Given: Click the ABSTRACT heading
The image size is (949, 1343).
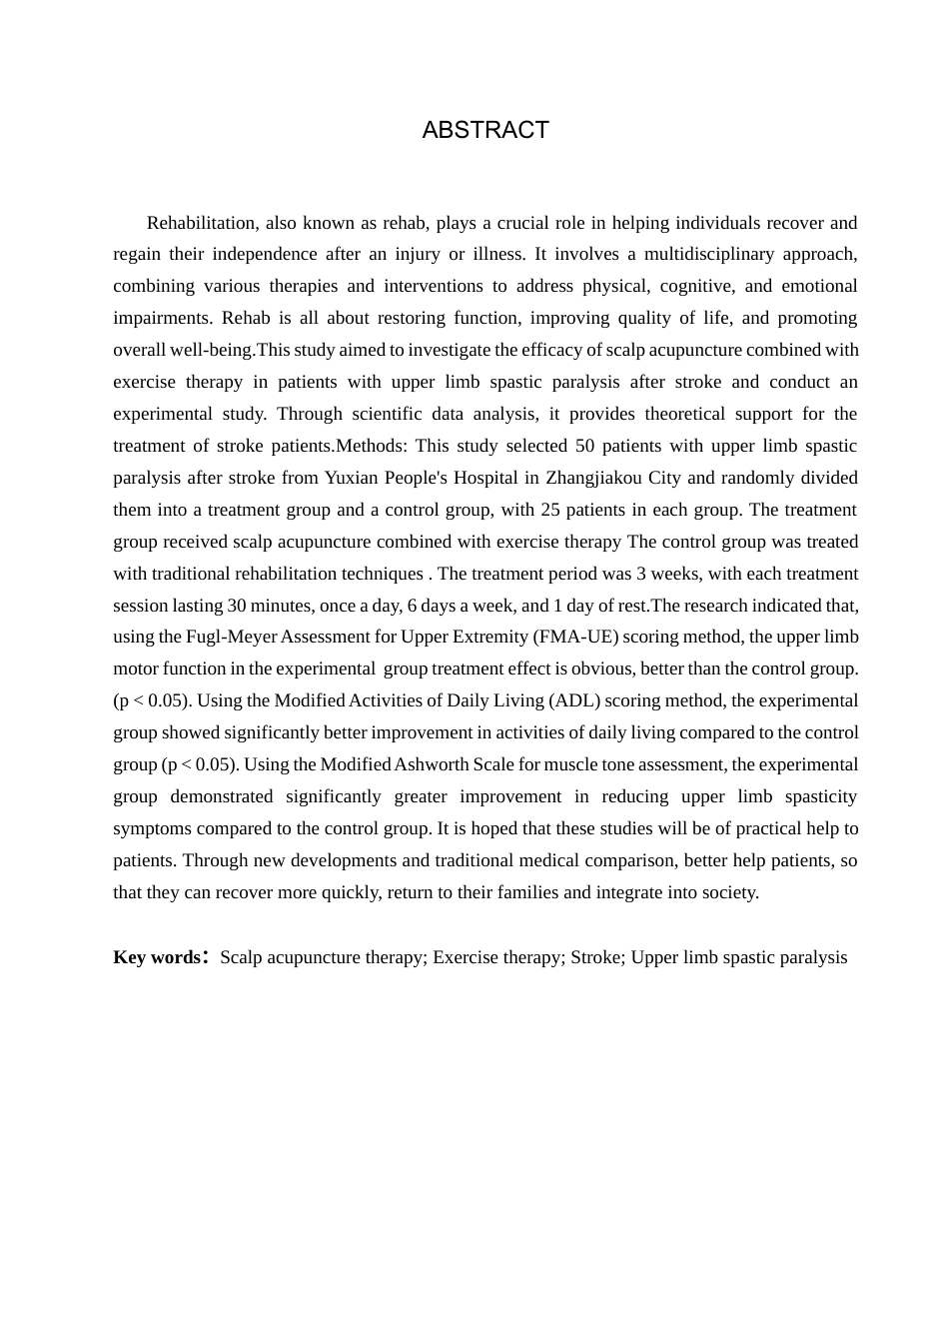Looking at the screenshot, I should click(x=485, y=131).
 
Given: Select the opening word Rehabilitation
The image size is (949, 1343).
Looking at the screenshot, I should click(x=201, y=223).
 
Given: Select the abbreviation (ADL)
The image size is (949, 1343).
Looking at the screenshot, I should click(x=574, y=700).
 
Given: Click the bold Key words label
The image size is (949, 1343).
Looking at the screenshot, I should click(x=158, y=957).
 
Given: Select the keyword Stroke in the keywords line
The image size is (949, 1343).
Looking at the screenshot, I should click(x=596, y=957).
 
